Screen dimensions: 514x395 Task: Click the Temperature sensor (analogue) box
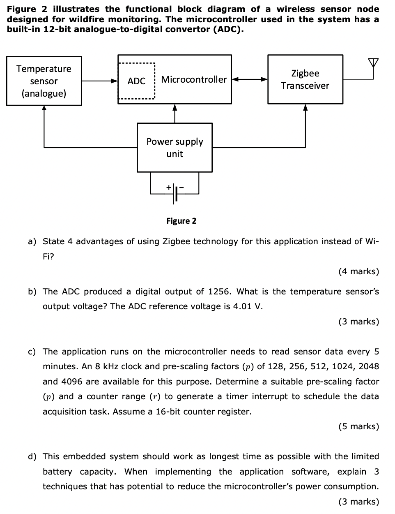click(44, 81)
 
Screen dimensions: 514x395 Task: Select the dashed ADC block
click(136, 81)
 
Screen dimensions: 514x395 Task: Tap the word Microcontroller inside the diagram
click(194, 79)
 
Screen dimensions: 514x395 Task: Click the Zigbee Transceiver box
click(305, 79)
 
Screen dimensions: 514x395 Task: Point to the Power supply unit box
click(175, 147)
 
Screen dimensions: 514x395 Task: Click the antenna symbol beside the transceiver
click(372, 65)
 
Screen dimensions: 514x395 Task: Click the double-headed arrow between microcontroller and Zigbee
click(250, 79)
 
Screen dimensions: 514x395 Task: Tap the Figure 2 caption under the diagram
click(181, 221)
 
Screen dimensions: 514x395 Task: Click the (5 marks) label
click(358, 426)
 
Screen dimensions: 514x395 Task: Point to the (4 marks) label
click(358, 271)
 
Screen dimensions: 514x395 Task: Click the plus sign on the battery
click(168, 188)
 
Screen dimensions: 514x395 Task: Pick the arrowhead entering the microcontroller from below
click(175, 108)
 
